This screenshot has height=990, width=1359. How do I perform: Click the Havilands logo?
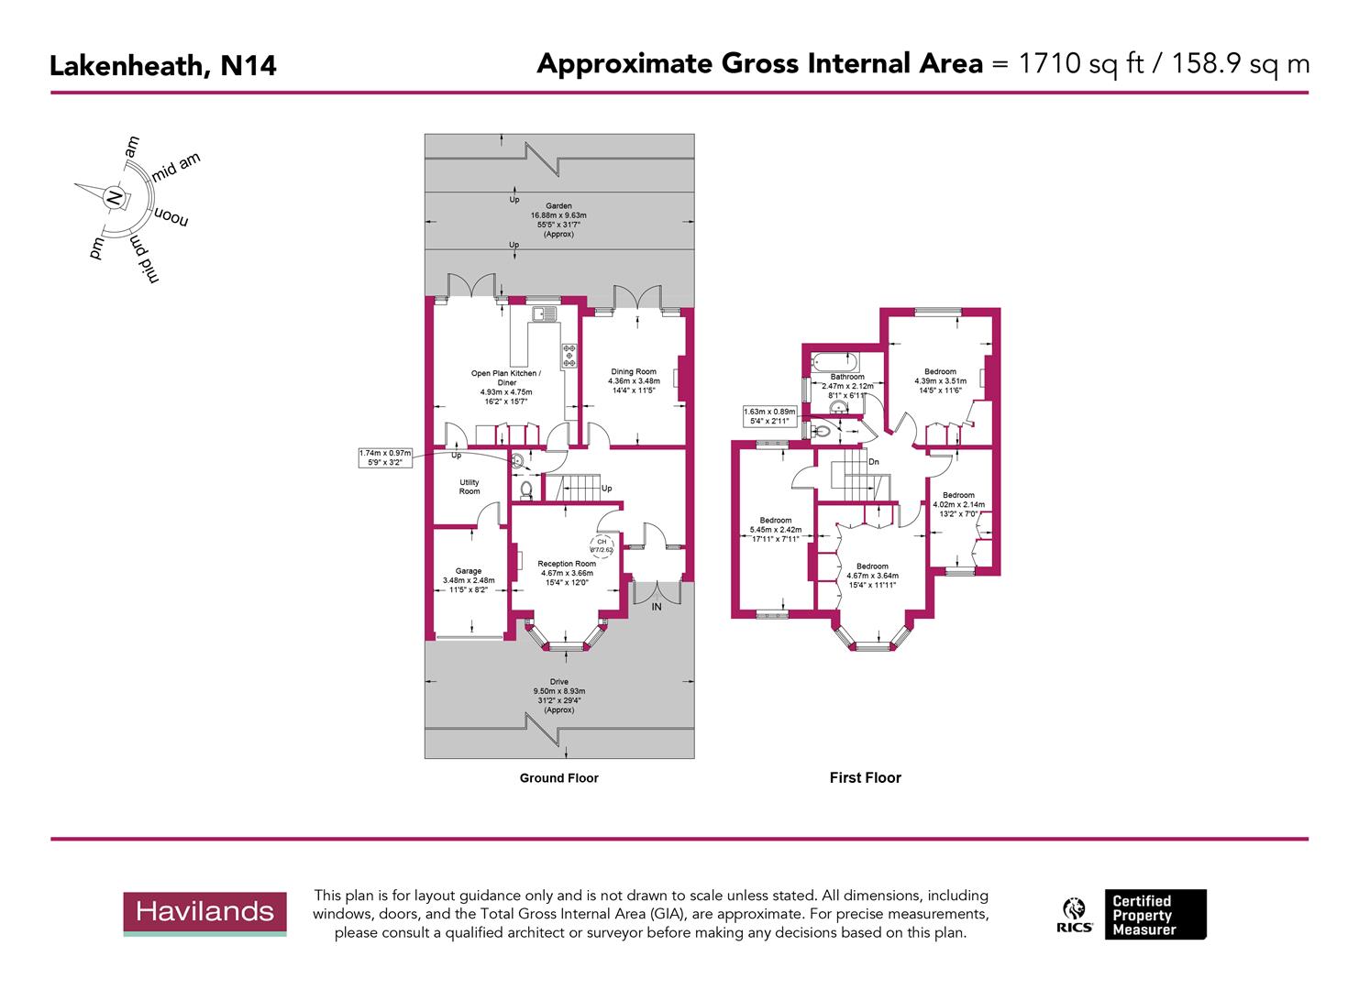204,912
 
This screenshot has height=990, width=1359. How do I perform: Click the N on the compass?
114,197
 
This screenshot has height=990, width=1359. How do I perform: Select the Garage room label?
468,571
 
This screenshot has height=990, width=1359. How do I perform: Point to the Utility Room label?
469,487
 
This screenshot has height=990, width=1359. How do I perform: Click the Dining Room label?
633,372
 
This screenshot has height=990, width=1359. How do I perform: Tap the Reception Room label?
567,564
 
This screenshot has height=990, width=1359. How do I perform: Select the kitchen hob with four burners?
569,355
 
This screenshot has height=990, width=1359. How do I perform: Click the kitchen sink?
544,314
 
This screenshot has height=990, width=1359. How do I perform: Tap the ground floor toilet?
526,491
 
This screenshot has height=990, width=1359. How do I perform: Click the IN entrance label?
657,607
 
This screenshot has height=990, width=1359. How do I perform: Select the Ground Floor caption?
558,778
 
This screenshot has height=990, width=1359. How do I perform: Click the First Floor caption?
865,778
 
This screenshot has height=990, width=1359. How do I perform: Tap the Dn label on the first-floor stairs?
874,462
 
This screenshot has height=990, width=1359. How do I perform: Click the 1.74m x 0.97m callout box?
386,457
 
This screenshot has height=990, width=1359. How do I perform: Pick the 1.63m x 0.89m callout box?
769,417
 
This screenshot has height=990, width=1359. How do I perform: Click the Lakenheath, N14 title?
162,66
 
